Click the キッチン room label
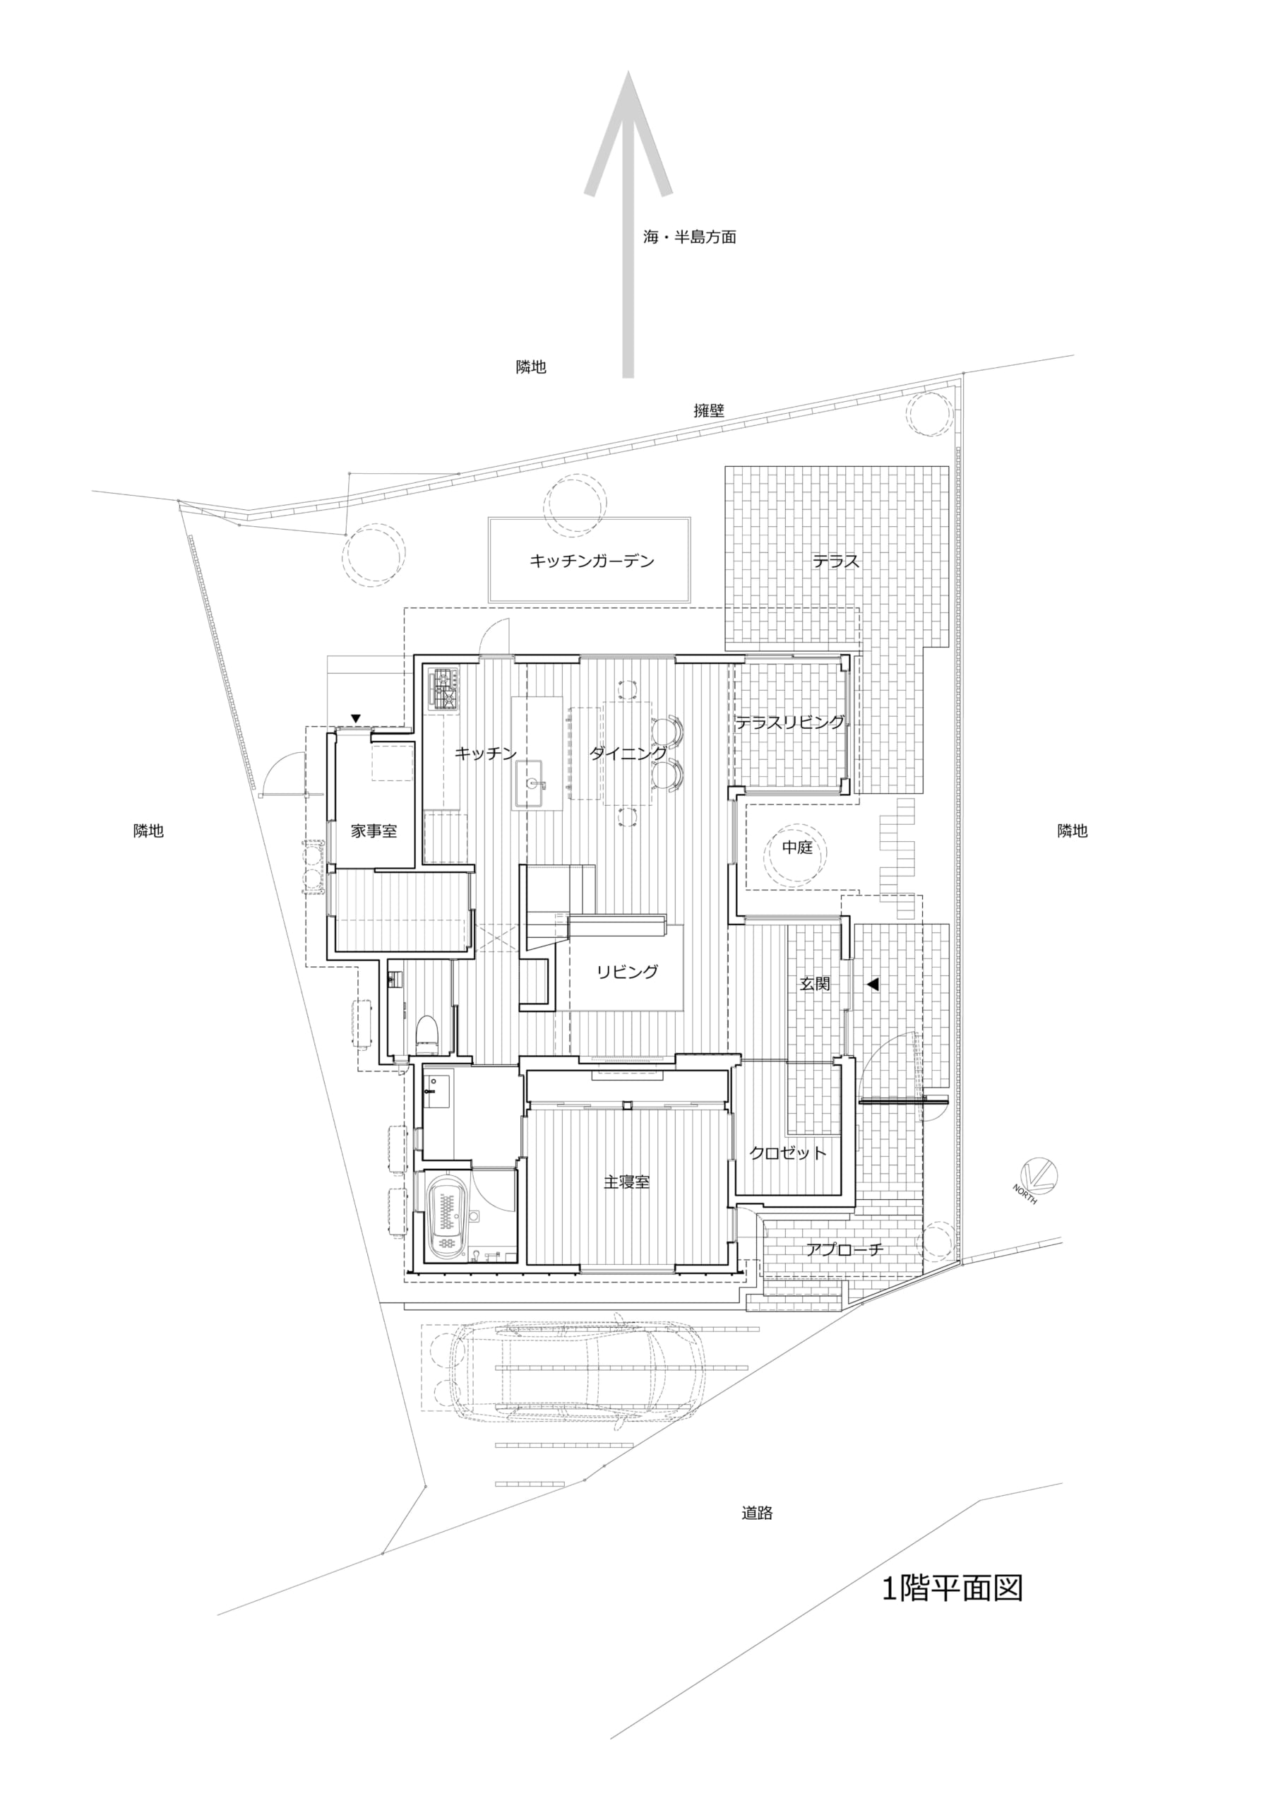point(485,754)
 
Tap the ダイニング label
point(628,754)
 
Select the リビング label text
point(628,972)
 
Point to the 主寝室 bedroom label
point(627,1182)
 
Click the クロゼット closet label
point(788,1153)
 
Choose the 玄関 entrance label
point(815,985)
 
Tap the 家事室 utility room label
point(374,830)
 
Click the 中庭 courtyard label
point(797,848)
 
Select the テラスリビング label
point(790,722)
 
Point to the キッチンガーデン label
point(592,561)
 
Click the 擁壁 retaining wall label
point(709,410)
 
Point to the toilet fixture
point(426,1034)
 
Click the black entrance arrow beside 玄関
point(872,985)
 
